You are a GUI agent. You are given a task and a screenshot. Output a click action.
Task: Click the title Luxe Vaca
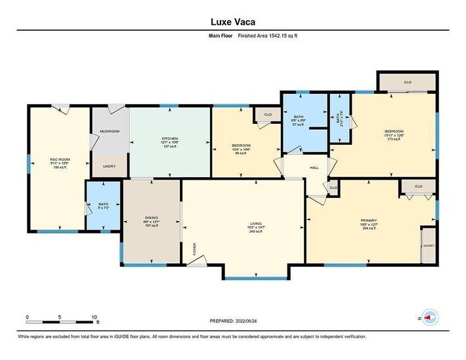tap(232, 21)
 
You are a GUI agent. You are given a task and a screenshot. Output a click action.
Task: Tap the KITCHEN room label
tap(170, 138)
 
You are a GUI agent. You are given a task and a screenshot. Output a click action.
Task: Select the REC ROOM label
tap(60, 160)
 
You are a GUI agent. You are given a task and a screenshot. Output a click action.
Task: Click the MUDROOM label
tap(109, 131)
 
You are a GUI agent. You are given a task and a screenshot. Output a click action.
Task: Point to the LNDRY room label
tap(110, 166)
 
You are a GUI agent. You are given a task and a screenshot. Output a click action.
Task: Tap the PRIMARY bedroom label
tap(368, 220)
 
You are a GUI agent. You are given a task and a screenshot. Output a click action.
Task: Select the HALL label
tap(314, 168)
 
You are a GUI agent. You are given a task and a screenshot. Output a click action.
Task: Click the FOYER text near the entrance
tap(194, 249)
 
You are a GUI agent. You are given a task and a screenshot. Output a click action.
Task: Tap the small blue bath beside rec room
tap(103, 206)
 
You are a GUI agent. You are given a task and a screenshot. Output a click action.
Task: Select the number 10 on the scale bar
tap(95, 317)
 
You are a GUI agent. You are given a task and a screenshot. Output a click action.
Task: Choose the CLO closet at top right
tap(407, 83)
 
